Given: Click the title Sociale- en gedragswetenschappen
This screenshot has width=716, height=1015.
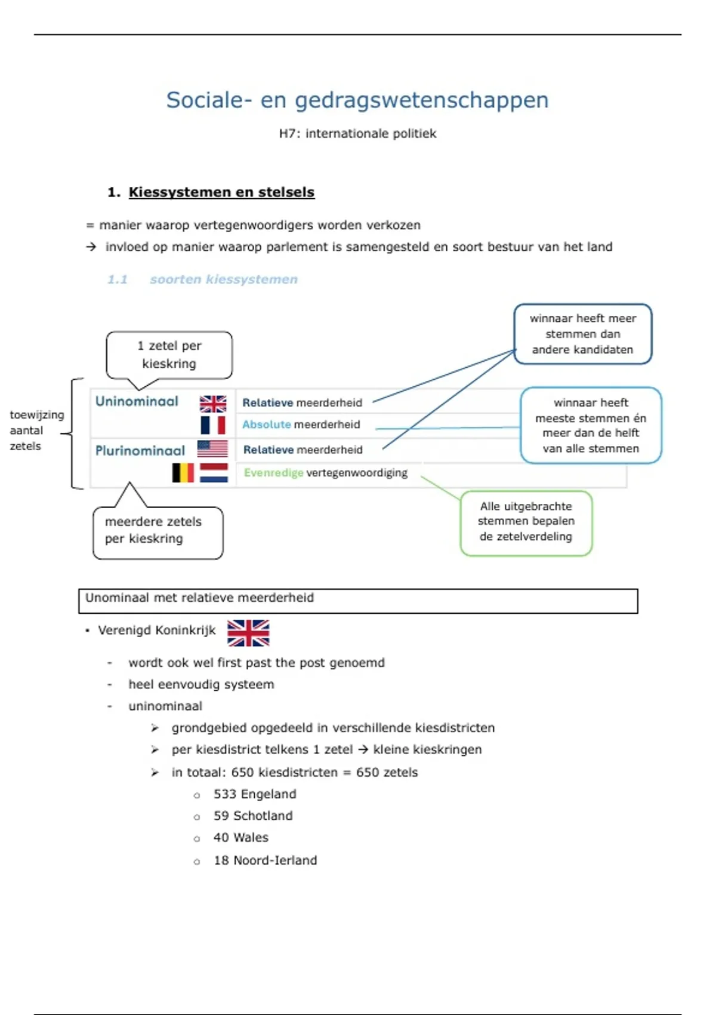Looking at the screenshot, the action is (357, 100).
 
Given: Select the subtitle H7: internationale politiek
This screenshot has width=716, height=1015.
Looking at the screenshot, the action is (357, 134).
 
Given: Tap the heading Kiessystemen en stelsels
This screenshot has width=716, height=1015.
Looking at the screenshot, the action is (221, 192).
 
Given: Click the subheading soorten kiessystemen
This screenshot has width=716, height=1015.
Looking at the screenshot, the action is (224, 279).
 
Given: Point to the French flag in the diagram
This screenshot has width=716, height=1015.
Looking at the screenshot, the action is (213, 425).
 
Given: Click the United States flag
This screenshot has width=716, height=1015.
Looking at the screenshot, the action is (212, 448).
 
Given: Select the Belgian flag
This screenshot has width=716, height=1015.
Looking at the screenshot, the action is (183, 473).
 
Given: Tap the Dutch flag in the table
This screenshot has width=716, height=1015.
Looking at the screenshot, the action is (214, 473).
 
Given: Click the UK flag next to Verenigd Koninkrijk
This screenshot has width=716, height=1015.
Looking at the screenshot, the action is (248, 632).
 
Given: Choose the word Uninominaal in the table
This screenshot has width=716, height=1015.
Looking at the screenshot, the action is (137, 401).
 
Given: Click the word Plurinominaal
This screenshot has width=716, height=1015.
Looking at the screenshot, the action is (140, 450).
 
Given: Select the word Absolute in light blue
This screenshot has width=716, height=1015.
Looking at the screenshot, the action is (266, 425).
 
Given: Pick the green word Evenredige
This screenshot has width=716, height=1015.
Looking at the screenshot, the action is (273, 473).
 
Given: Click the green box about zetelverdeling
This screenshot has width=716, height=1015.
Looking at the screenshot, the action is (526, 523).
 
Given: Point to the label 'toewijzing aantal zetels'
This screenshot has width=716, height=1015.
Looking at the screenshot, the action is (36, 430).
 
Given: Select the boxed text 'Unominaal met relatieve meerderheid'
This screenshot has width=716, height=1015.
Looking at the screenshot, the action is (199, 598).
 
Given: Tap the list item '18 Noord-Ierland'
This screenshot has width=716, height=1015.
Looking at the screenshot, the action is (265, 860).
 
